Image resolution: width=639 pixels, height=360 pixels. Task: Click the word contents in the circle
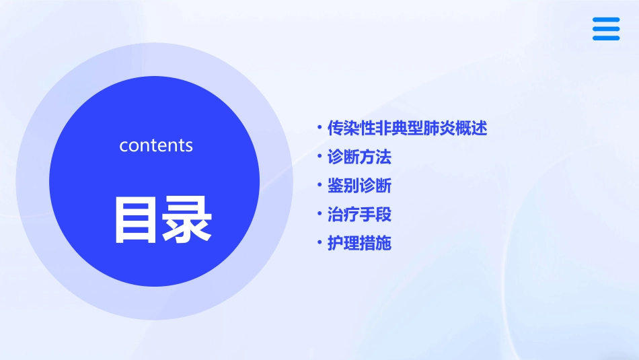pos(156,145)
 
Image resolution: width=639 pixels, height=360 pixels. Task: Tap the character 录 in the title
pos(186,219)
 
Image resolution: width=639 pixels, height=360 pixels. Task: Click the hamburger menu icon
pos(606,29)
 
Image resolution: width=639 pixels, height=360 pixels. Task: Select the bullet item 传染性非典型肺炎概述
pos(406,128)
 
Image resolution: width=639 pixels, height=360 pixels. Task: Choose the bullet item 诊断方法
pos(359,157)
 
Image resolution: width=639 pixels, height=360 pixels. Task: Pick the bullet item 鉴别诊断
pos(359,186)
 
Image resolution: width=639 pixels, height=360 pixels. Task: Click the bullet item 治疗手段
pos(359,215)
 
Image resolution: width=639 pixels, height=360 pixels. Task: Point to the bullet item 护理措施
pos(359,243)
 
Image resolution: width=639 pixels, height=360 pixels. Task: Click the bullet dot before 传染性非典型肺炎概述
pos(319,128)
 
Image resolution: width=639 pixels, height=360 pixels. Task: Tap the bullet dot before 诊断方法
pos(319,157)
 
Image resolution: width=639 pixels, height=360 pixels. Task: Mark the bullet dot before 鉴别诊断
pos(319,186)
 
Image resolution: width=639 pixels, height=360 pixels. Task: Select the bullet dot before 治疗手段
pos(319,215)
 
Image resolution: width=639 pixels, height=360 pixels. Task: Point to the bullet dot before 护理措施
pos(319,243)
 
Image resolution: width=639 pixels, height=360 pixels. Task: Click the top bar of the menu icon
pos(606,20)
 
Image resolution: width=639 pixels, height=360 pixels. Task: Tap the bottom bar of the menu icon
pos(606,38)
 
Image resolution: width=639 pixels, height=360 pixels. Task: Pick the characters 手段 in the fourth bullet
pos(375,215)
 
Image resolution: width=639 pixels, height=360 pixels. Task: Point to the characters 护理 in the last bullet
pos(342,243)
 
